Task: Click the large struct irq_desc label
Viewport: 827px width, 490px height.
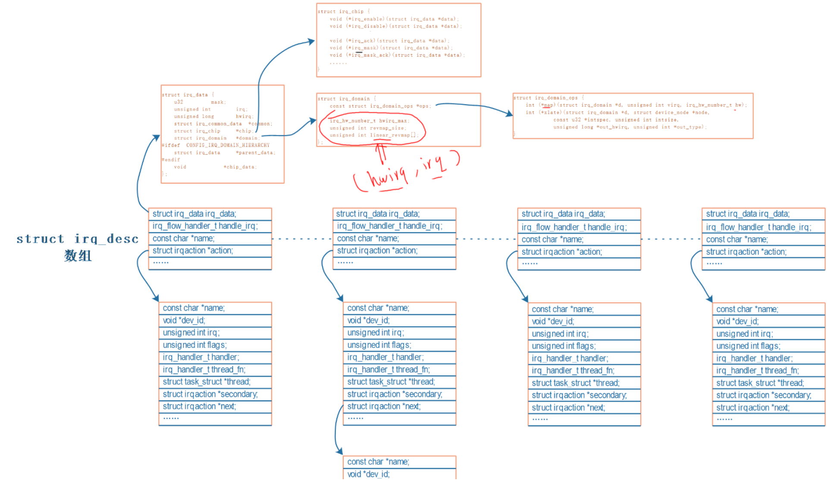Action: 78,239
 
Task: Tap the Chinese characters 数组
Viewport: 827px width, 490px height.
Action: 78,256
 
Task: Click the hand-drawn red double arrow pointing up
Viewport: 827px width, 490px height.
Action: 381,153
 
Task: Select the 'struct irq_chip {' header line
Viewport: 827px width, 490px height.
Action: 343,12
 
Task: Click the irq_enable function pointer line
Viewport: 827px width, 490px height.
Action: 394,19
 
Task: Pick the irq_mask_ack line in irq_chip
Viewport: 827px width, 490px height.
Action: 397,55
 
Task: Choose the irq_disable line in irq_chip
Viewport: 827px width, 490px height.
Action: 395,26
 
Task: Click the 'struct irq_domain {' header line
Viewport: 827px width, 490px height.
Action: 347,99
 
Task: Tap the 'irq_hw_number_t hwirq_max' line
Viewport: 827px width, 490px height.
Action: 370,121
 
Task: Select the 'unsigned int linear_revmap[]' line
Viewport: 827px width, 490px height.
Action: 374,135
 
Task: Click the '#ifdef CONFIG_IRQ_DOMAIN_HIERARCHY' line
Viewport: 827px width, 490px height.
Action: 216,145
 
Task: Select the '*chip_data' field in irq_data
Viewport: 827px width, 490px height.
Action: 240,167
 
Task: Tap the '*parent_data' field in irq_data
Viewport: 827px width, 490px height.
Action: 255,153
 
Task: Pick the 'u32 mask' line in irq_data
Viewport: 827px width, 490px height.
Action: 199,102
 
